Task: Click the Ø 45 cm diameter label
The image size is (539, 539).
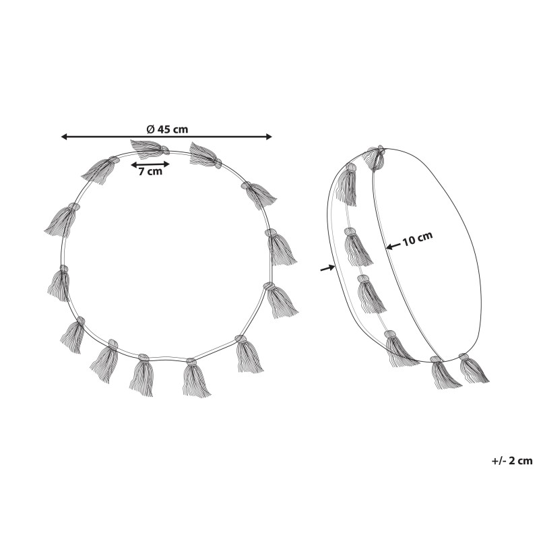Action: [167, 129]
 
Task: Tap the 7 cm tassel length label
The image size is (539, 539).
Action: [150, 171]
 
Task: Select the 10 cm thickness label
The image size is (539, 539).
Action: [417, 239]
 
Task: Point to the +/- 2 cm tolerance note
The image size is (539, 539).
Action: [512, 461]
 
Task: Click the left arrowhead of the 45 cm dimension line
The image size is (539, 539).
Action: [64, 137]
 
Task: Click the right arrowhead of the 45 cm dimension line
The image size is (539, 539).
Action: [269, 137]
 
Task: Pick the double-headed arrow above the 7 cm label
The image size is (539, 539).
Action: [150, 164]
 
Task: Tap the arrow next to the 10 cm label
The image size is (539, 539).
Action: [393, 246]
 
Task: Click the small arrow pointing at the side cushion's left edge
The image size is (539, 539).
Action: [327, 267]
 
